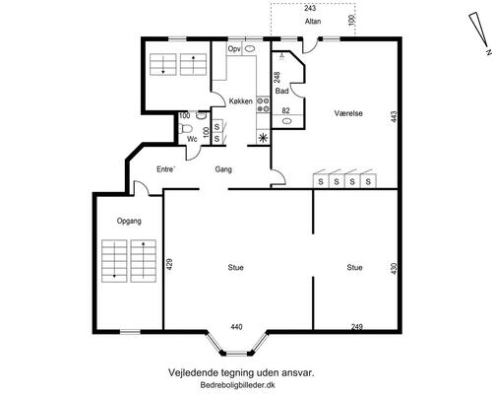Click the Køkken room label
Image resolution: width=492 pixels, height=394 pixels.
240,101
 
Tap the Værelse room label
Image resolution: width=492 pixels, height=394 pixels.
348,113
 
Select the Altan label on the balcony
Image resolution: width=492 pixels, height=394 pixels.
313,22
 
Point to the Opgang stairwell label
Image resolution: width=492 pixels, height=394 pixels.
129,221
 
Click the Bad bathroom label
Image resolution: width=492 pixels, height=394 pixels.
281,91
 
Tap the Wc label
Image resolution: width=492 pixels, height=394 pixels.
192,139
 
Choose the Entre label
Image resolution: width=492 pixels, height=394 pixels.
165,169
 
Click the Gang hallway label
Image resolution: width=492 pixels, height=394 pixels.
223,169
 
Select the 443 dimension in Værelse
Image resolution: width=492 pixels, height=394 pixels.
394,116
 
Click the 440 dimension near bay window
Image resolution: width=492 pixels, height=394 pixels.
236,327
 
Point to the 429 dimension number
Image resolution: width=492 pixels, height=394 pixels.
169,264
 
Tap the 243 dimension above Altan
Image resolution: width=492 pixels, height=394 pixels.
310,8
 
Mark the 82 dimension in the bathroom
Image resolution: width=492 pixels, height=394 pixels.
286,110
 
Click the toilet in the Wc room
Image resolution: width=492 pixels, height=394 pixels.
184,128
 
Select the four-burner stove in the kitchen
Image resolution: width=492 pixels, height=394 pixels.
263,104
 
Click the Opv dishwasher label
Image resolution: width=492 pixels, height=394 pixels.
234,49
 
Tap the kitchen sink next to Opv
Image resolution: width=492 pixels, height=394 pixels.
250,49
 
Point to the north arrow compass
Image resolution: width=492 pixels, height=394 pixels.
480,33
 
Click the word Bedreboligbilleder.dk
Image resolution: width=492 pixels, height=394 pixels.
238,385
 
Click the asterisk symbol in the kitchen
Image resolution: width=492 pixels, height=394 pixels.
263,138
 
